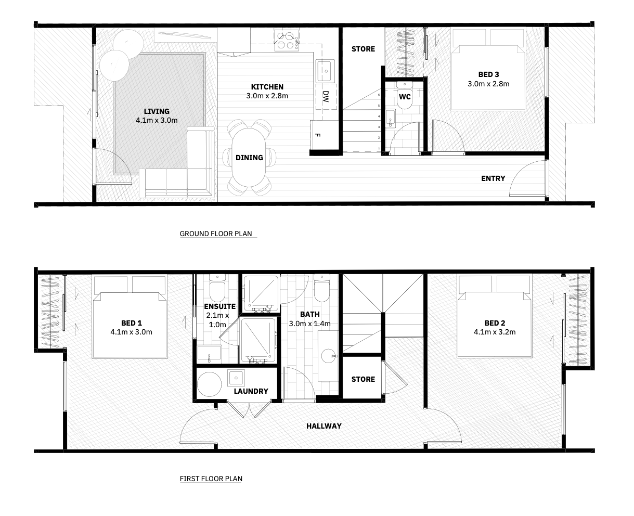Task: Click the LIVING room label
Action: pyautogui.click(x=157, y=111)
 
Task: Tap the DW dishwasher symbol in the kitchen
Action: pyautogui.click(x=326, y=97)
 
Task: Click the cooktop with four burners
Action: pyautogui.click(x=287, y=41)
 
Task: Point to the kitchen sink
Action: pyautogui.click(x=325, y=71)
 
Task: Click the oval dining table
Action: pyautogui.click(x=249, y=158)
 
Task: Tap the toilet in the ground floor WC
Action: pyautogui.click(x=404, y=95)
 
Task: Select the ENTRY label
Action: pyautogui.click(x=493, y=178)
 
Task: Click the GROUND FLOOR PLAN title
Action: pyautogui.click(x=216, y=234)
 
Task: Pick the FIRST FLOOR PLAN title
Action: pyautogui.click(x=211, y=479)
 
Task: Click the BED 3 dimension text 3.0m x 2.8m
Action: pyautogui.click(x=488, y=84)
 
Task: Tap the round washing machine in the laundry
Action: pyautogui.click(x=209, y=384)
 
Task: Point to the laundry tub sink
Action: pyautogui.click(x=236, y=378)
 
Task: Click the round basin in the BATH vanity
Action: pyautogui.click(x=328, y=356)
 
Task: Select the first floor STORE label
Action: pyautogui.click(x=363, y=379)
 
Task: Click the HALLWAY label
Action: pyautogui.click(x=324, y=426)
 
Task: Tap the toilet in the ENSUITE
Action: pyautogui.click(x=217, y=288)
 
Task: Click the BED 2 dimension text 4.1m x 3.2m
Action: pyautogui.click(x=495, y=332)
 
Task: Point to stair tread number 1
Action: pyautogui.click(x=379, y=148)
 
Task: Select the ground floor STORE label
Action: pyautogui.click(x=363, y=49)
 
